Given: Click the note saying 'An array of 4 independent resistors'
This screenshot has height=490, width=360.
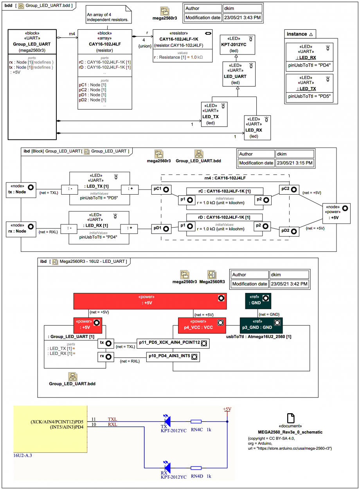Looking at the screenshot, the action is [x=108, y=14].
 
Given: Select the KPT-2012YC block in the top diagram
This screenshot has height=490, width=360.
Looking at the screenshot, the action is [x=237, y=45].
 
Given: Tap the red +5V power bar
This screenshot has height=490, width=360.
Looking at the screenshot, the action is [x=150, y=301].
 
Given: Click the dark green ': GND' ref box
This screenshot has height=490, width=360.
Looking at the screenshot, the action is [x=258, y=301].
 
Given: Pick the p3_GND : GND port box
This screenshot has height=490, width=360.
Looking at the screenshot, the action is [x=261, y=325].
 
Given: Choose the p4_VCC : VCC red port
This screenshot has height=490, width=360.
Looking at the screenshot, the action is [x=202, y=325].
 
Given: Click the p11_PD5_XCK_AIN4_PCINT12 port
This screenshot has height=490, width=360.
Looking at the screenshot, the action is [x=173, y=343].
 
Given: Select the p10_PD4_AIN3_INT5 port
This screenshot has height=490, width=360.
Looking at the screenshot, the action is [x=173, y=357].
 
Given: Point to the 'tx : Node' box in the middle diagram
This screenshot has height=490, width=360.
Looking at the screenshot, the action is [x=21, y=190].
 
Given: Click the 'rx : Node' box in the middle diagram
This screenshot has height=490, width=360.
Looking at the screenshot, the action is [x=21, y=229].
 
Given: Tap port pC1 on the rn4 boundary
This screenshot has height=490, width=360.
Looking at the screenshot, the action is [x=161, y=190].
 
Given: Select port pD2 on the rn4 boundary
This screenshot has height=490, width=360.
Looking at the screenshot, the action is [x=289, y=231].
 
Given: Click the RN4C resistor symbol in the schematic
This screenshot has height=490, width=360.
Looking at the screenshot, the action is [x=196, y=421].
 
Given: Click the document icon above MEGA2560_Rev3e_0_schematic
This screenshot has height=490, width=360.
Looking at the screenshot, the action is [x=290, y=418].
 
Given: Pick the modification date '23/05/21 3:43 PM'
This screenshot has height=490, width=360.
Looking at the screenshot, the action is [x=242, y=18].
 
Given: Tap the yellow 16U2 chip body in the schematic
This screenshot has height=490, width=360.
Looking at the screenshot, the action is [x=50, y=429].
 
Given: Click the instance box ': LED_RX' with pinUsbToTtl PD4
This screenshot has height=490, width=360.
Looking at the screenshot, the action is [x=309, y=57].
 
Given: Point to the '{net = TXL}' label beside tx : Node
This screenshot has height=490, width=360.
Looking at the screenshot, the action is [x=49, y=193].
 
